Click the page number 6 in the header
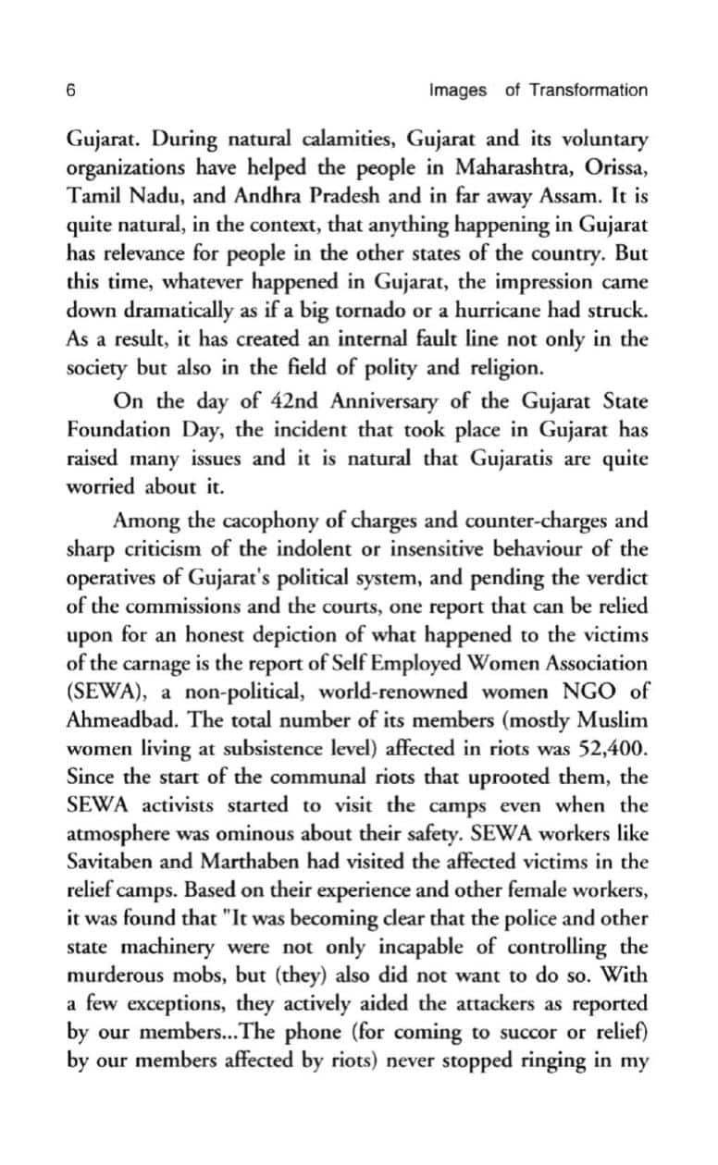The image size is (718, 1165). click(x=70, y=90)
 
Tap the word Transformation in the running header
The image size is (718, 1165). click(x=588, y=90)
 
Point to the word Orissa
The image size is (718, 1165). click(x=616, y=170)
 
